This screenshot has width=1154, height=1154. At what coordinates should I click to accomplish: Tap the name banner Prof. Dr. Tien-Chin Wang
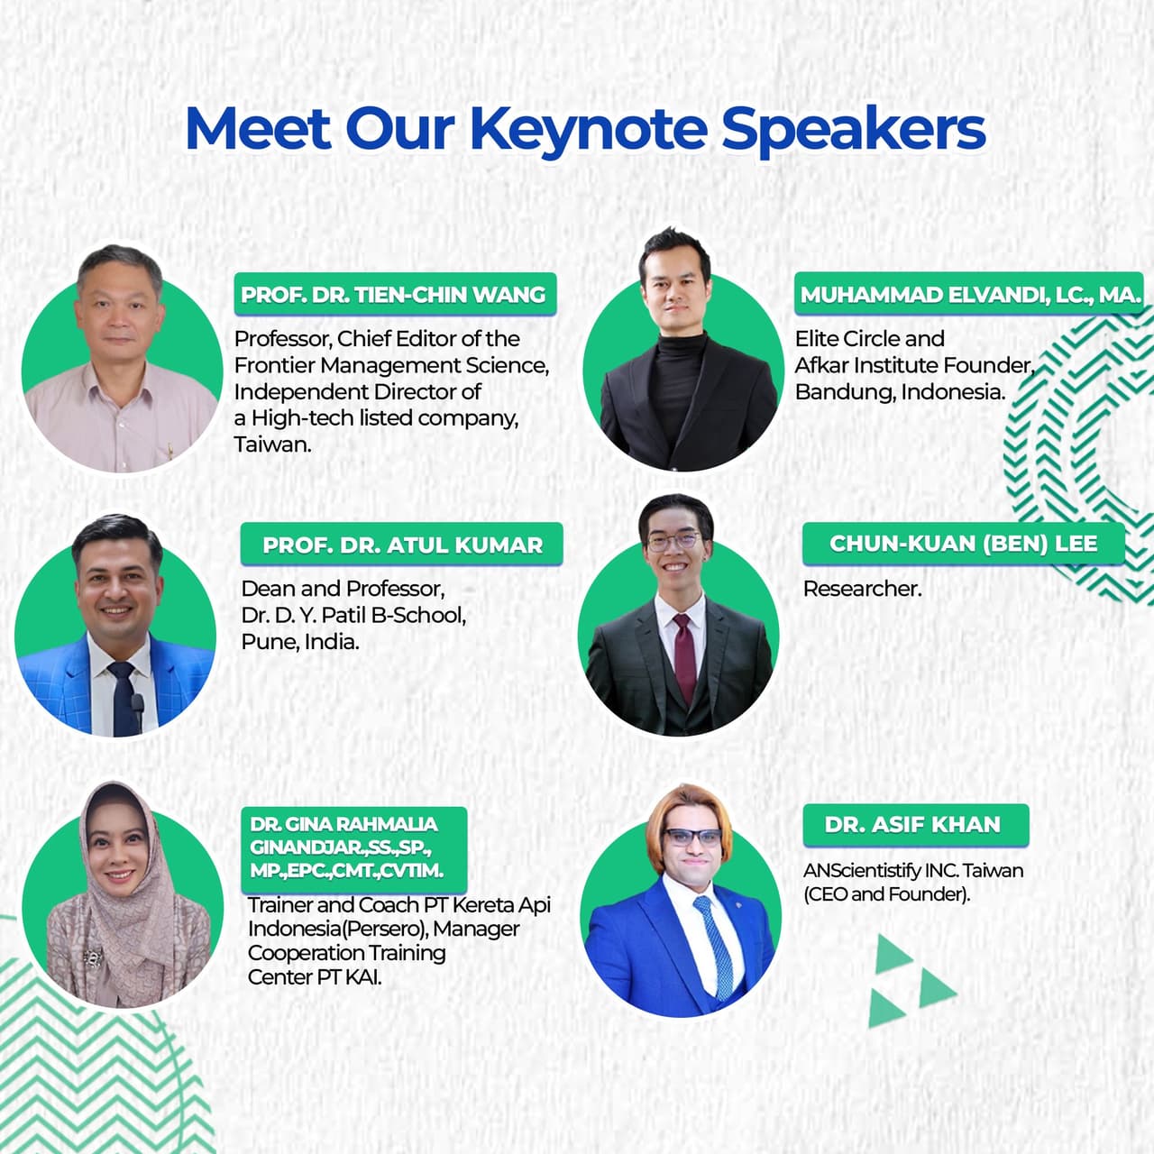pos(394,295)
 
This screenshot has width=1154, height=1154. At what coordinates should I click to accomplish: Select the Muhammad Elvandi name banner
pos(970,295)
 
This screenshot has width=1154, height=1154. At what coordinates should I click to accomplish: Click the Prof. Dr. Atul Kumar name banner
pos(402,545)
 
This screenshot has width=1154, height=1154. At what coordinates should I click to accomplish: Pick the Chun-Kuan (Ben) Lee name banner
pos(963,544)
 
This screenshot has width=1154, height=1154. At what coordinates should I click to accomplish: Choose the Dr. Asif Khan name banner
pos(912,824)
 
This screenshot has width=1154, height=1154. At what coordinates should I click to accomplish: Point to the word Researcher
pos(862,589)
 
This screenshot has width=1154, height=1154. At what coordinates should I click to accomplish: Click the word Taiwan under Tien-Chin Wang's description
pos(272,444)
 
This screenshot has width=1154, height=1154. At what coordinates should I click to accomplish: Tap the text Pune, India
pos(299,642)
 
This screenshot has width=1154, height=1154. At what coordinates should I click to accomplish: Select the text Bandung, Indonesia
pos(899,392)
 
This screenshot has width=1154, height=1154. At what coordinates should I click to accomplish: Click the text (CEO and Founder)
pos(886,894)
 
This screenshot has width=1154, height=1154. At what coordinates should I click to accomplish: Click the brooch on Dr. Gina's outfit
pos(91,957)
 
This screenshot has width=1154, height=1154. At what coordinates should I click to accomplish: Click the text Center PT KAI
pos(314,977)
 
